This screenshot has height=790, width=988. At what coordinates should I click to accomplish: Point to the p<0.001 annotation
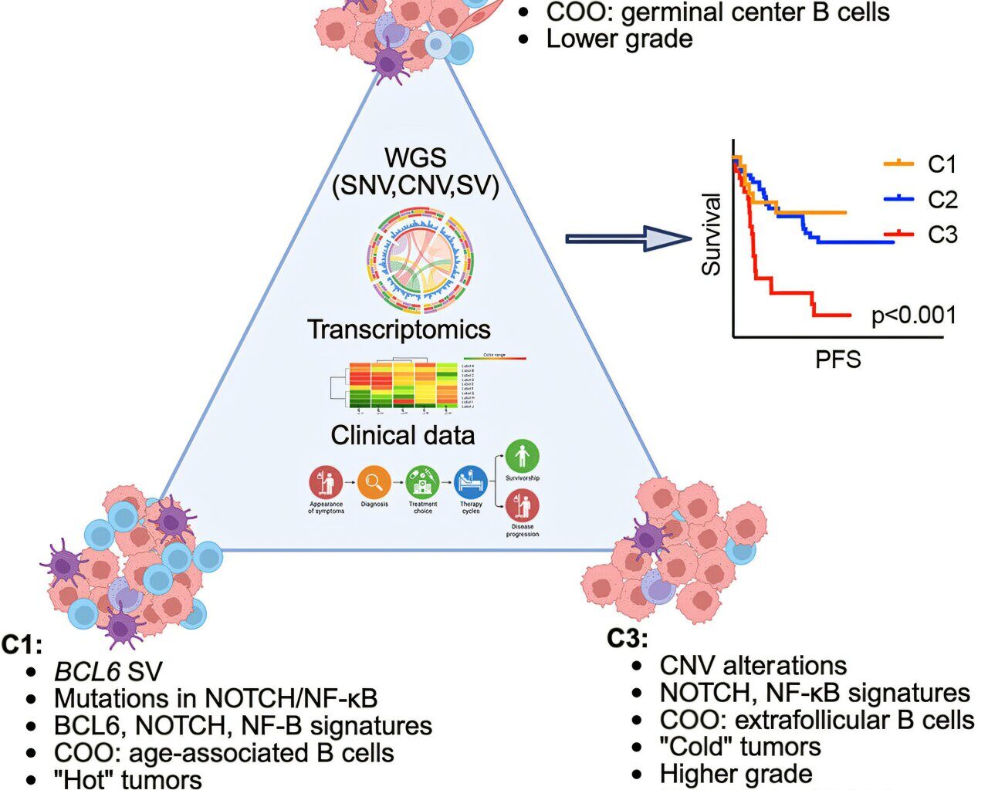point(913,315)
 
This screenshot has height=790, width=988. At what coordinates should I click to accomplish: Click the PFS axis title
point(837,359)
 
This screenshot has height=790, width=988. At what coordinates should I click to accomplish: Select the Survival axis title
point(711,235)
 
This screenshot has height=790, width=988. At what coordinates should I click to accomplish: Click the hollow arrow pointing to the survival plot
point(628,238)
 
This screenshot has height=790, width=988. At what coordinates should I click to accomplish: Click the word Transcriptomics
point(399,329)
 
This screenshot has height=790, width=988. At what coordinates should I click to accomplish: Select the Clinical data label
point(402,435)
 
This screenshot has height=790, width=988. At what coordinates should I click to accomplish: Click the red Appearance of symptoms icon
point(326,483)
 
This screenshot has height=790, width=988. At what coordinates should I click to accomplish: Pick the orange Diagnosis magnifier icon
point(374,483)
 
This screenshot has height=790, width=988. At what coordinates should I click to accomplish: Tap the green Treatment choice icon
point(422,483)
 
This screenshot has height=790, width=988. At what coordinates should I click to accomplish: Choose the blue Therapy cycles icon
point(470,483)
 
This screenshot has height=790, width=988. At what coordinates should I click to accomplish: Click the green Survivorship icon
point(523,457)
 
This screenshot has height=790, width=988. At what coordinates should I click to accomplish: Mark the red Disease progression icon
point(523,508)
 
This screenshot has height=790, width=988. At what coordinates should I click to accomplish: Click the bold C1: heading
point(22,644)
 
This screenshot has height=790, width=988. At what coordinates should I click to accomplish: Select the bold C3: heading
point(627,639)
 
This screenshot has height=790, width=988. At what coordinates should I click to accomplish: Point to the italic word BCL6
point(86,671)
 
